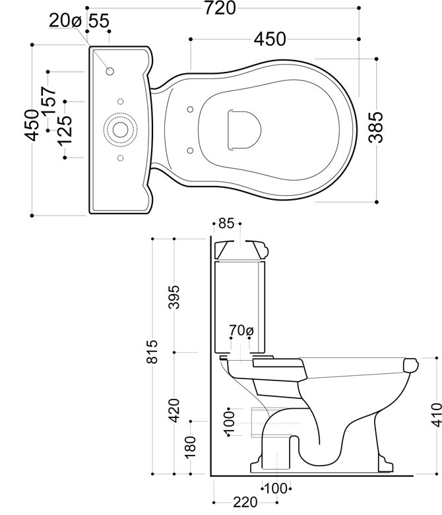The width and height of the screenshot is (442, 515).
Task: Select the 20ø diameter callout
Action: tap(65, 21)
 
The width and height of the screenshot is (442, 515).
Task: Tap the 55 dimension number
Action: tap(98, 21)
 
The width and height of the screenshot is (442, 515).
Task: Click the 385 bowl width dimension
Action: tap(375, 127)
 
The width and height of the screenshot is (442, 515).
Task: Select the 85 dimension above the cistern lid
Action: tap(226, 224)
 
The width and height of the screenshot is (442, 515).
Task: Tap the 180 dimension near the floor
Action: tap(191, 446)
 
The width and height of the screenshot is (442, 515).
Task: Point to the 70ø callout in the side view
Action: tap(240, 329)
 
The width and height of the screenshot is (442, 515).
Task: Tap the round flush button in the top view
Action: tap(120, 129)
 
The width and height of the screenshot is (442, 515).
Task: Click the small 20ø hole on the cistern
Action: tap(110, 71)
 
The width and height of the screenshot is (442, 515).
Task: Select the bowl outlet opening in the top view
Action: tap(241, 127)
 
